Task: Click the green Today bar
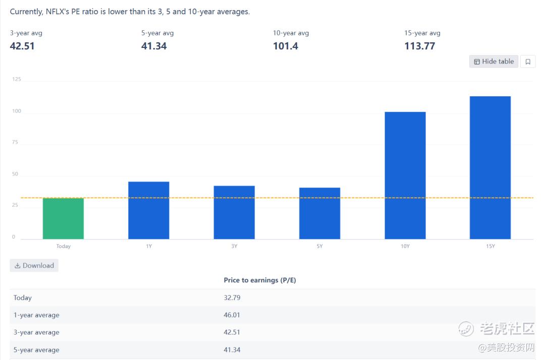click(63, 218)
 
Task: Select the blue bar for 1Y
click(149, 210)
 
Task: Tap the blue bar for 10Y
click(405, 175)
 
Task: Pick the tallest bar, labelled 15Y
click(490, 167)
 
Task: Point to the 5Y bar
click(319, 213)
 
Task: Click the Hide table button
click(494, 62)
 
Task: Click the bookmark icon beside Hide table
click(528, 62)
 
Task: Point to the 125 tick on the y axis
click(17, 79)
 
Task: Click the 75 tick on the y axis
click(15, 142)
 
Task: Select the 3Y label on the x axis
click(234, 246)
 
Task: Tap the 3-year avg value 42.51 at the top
click(22, 46)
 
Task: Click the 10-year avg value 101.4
click(286, 46)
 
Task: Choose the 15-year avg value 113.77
click(419, 46)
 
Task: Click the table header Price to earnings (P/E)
click(259, 280)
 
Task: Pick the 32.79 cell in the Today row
click(232, 297)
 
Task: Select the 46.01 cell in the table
click(232, 315)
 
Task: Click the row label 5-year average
click(36, 350)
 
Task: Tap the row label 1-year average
click(36, 315)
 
